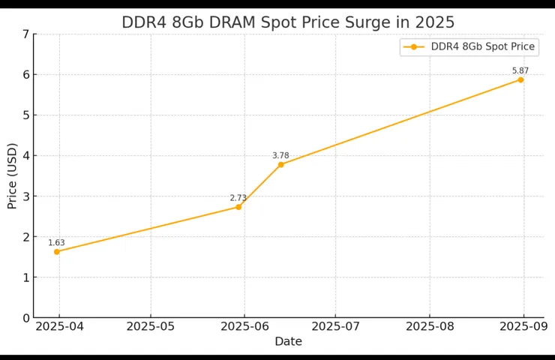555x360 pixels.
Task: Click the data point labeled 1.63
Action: (x=57, y=252)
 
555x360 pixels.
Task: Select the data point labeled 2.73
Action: (x=238, y=207)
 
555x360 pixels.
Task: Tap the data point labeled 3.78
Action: (x=281, y=165)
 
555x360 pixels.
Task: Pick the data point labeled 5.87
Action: (x=520, y=79)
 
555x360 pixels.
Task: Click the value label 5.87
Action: (x=520, y=70)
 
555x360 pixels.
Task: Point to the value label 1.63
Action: (x=57, y=243)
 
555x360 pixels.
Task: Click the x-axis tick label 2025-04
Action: (x=60, y=326)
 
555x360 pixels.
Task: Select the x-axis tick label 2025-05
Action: (x=151, y=326)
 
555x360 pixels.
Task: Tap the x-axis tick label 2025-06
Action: (x=244, y=326)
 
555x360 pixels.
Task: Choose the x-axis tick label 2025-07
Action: (x=335, y=326)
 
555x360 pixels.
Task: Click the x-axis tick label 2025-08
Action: (x=430, y=326)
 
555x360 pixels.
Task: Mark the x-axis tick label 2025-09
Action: (x=523, y=326)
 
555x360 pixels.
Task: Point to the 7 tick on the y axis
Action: (x=25, y=34)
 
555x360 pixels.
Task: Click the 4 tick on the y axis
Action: (x=25, y=156)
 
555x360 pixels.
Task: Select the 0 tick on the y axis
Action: (x=25, y=318)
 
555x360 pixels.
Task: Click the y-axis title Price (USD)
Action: (x=12, y=175)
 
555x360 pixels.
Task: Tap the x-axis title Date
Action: (x=288, y=341)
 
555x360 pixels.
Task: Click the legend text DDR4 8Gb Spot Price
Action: (x=482, y=46)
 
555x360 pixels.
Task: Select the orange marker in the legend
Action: (x=413, y=46)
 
